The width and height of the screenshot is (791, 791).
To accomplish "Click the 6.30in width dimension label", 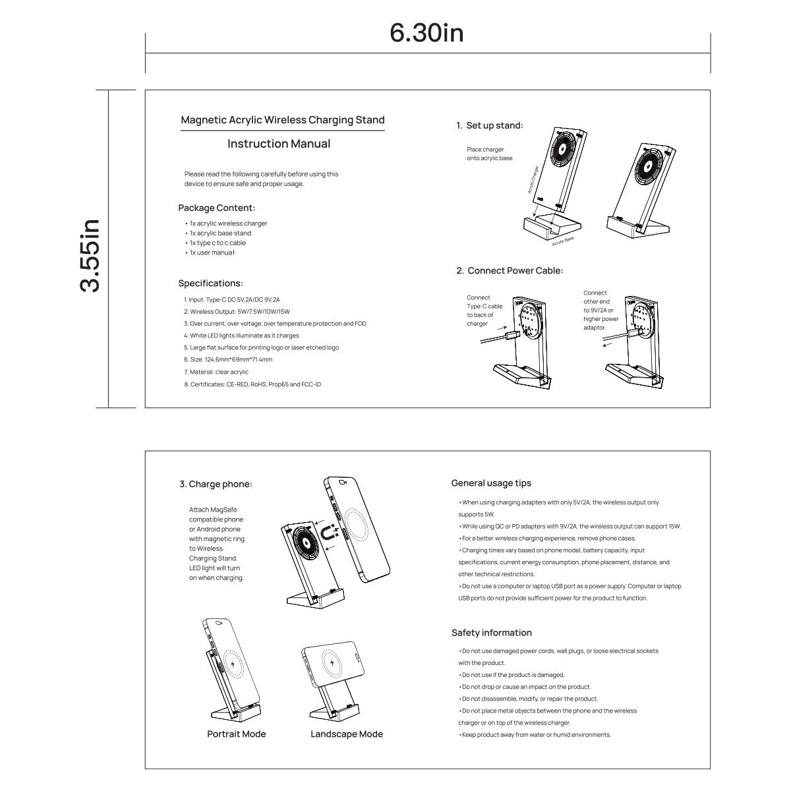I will [426, 33].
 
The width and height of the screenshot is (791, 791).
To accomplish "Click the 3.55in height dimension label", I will [90, 255].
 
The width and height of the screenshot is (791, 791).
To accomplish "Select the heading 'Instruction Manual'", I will [279, 144].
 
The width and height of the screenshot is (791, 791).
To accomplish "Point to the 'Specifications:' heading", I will [210, 283].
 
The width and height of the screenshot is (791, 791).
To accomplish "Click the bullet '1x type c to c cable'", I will [218, 243].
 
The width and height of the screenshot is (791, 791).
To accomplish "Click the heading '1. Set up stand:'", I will [490, 125].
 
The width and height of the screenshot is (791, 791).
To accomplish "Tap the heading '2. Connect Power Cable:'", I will [510, 270].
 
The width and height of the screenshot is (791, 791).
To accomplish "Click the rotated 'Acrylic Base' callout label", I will [563, 241].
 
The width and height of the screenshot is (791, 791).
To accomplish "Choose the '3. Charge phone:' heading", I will [216, 484].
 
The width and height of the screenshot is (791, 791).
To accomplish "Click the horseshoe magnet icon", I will [329, 533].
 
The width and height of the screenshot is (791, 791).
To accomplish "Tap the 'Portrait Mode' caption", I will [237, 734].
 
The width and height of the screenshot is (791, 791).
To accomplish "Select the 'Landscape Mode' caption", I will [347, 734].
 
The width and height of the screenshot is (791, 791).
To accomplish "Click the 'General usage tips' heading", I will [491, 483].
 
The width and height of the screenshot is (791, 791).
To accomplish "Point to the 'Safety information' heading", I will [492, 633].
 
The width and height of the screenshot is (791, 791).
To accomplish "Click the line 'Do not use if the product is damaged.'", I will [513, 675].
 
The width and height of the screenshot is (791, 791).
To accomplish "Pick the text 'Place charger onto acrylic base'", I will [489, 154].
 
